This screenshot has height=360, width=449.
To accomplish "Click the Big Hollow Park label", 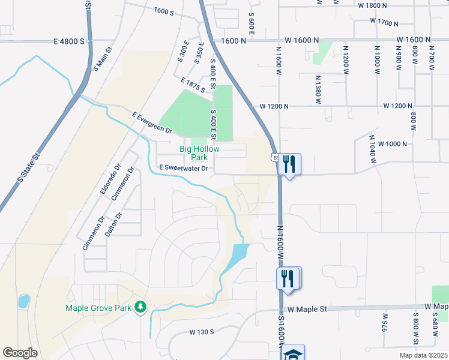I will [200, 153].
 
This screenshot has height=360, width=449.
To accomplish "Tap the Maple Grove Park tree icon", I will [140, 307].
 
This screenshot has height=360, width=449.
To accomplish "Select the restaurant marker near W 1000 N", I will [289, 163].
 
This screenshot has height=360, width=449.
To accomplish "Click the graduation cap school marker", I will [294, 353].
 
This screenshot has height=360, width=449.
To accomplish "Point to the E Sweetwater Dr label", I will [183, 169].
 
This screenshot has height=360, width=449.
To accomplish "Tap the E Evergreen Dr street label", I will [152, 122].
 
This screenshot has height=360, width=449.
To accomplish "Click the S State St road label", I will [28, 167].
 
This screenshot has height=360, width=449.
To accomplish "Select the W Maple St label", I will [307, 309].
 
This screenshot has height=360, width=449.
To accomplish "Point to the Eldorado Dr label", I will [109, 179].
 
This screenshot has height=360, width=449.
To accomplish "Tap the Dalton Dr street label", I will [113, 224].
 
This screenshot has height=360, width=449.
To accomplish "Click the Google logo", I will [20, 353].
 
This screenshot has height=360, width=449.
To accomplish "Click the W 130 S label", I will [202, 332].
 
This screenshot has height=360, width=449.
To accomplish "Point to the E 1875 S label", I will [193, 85].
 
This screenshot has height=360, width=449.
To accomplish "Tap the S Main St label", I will [103, 59].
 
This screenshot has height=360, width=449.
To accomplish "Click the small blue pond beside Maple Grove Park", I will [24, 301].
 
